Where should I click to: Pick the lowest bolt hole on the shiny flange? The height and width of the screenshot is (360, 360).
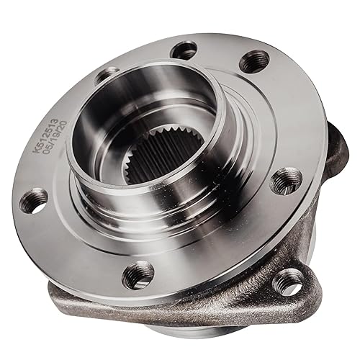click(138, 274)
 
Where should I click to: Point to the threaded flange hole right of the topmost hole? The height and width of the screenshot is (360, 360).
click(254, 62)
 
